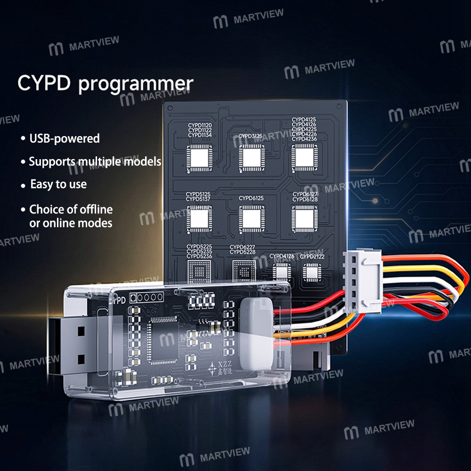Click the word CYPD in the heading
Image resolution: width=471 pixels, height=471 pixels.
click(x=44, y=83)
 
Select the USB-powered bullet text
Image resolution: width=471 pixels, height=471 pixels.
click(x=65, y=138)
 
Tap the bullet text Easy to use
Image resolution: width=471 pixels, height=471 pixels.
click(x=58, y=184)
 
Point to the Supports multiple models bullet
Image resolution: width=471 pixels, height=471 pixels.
click(x=95, y=162)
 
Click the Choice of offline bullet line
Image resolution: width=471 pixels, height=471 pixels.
click(x=71, y=209)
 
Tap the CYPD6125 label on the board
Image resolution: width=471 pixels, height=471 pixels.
click(x=251, y=198)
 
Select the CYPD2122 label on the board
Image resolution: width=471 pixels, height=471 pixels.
click(x=312, y=257)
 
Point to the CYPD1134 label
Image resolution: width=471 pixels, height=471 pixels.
click(x=200, y=135)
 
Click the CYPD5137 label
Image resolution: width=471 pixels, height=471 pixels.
click(x=198, y=199)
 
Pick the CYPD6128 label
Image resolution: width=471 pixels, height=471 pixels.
click(x=305, y=200)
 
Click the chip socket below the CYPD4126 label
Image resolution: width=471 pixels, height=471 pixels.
click(x=282, y=272)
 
